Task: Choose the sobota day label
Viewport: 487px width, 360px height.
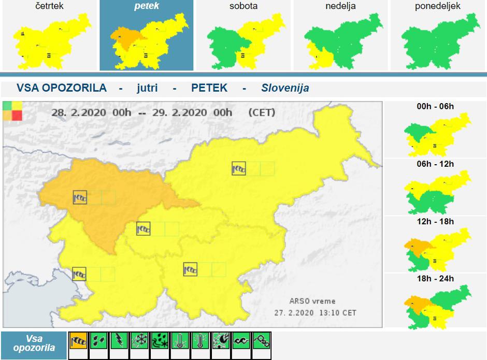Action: click(244, 7)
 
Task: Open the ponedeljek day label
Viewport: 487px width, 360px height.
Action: click(438, 7)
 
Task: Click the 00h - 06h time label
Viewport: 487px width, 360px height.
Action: click(435, 106)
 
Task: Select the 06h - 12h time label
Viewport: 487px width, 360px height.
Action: click(435, 164)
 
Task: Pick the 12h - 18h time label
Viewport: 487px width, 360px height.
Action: click(435, 222)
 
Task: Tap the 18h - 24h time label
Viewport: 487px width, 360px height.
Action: click(435, 279)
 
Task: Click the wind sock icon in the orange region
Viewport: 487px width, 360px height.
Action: click(80, 197)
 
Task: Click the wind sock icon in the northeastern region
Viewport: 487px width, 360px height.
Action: click(239, 168)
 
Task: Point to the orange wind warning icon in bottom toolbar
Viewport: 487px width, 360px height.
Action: click(78, 341)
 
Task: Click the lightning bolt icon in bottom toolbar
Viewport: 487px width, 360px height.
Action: click(119, 341)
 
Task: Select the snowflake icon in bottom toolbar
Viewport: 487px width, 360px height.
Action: click(139, 341)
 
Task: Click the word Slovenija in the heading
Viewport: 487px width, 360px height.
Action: click(285, 88)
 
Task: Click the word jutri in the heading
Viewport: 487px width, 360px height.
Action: click(148, 88)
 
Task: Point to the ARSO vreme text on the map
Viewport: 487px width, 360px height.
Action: click(312, 301)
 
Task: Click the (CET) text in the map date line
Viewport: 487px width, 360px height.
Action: click(262, 112)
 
